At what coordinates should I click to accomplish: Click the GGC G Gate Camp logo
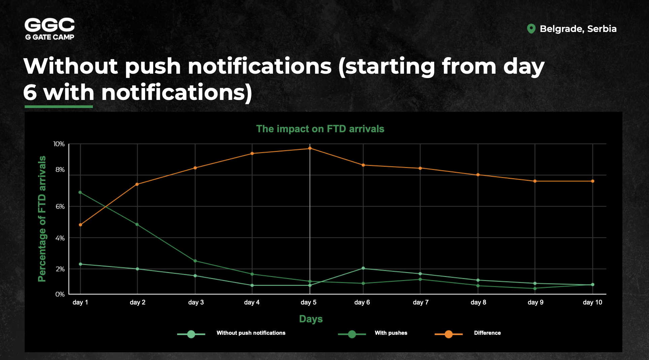pyautogui.click(x=49, y=29)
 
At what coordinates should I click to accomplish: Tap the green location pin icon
pyautogui.click(x=531, y=29)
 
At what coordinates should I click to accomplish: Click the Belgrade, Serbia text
pyautogui.click(x=578, y=29)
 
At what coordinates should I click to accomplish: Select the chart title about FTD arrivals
pyautogui.click(x=320, y=129)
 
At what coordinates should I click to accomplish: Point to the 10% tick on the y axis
pyautogui.click(x=59, y=144)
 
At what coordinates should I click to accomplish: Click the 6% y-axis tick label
pyautogui.click(x=60, y=207)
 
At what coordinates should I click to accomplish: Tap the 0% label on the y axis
pyautogui.click(x=60, y=294)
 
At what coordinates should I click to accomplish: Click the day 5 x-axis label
pyautogui.click(x=308, y=302)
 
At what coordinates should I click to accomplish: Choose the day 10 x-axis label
pyautogui.click(x=592, y=302)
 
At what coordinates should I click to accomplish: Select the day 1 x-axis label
pyautogui.click(x=80, y=302)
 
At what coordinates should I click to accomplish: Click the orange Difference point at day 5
pyautogui.click(x=310, y=148)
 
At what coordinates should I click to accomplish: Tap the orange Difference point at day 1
pyautogui.click(x=80, y=225)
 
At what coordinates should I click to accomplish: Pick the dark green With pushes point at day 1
pyautogui.click(x=80, y=192)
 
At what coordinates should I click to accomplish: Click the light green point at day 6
pyautogui.click(x=363, y=268)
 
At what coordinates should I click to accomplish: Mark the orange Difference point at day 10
pyautogui.click(x=593, y=181)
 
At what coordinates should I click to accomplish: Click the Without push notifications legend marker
pyautogui.click(x=191, y=334)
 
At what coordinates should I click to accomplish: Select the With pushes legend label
pyautogui.click(x=391, y=333)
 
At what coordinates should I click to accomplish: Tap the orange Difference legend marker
pyautogui.click(x=449, y=334)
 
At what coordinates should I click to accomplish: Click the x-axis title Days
pyautogui.click(x=311, y=319)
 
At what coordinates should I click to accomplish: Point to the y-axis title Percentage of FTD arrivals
pyautogui.click(x=42, y=219)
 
